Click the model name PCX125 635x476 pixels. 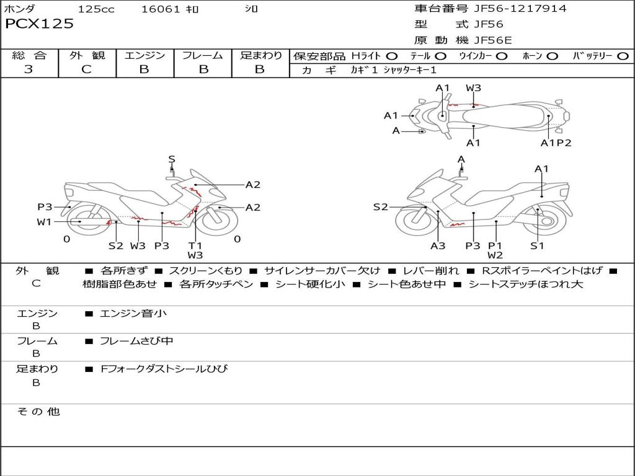39,24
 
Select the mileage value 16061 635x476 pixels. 161,9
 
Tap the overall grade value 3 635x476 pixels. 29,69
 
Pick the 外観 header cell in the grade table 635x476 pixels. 87,56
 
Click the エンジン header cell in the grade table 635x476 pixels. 144,56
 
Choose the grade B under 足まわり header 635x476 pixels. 260,69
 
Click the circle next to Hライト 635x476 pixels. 392,56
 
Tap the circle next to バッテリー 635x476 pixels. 623,56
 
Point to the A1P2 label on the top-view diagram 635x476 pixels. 556,143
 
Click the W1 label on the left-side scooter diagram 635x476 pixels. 43,222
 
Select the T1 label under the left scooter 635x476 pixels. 195,245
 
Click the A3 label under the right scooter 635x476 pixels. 438,245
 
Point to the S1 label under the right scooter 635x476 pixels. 537,245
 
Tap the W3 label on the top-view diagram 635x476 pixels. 473,88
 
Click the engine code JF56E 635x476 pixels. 492,40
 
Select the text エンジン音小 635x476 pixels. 133,314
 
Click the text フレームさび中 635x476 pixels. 136,341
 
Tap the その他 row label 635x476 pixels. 38,412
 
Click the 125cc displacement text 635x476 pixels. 96,9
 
